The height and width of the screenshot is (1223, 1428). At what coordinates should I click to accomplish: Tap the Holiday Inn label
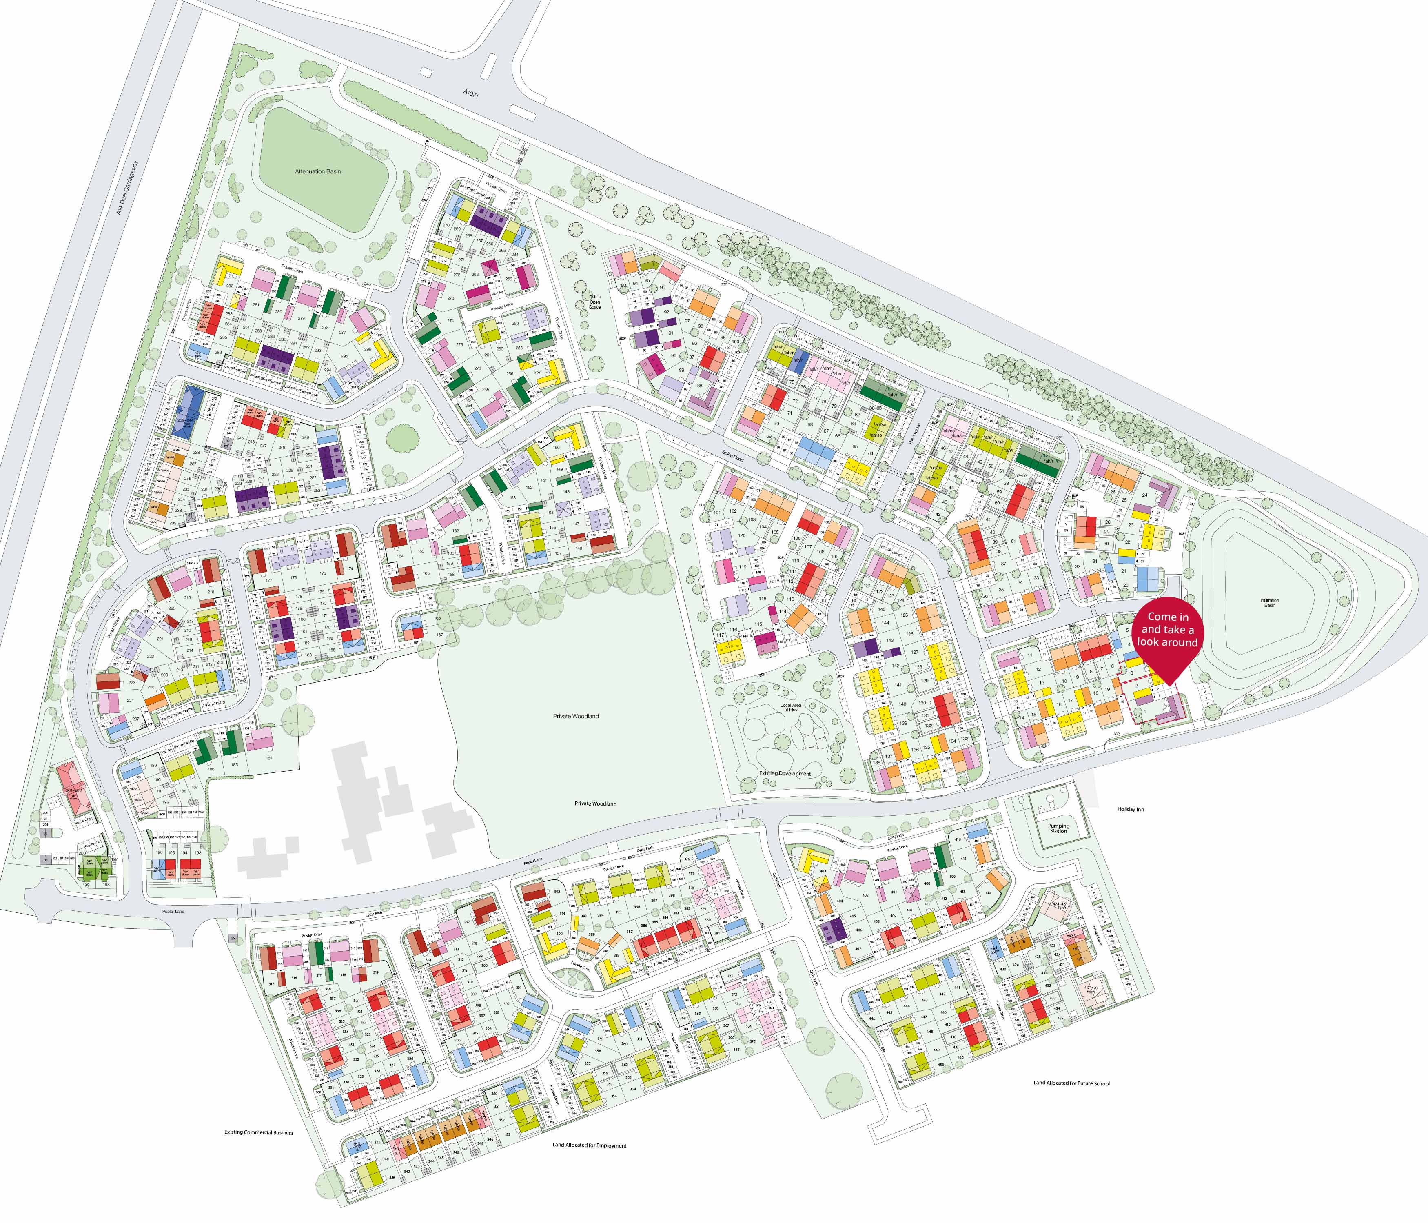[x=1134, y=809]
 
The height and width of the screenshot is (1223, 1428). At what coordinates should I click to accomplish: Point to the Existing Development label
[x=785, y=774]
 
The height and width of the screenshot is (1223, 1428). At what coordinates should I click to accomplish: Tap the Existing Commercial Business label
[x=258, y=1133]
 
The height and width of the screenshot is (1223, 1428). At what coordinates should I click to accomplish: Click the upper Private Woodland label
[x=575, y=716]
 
